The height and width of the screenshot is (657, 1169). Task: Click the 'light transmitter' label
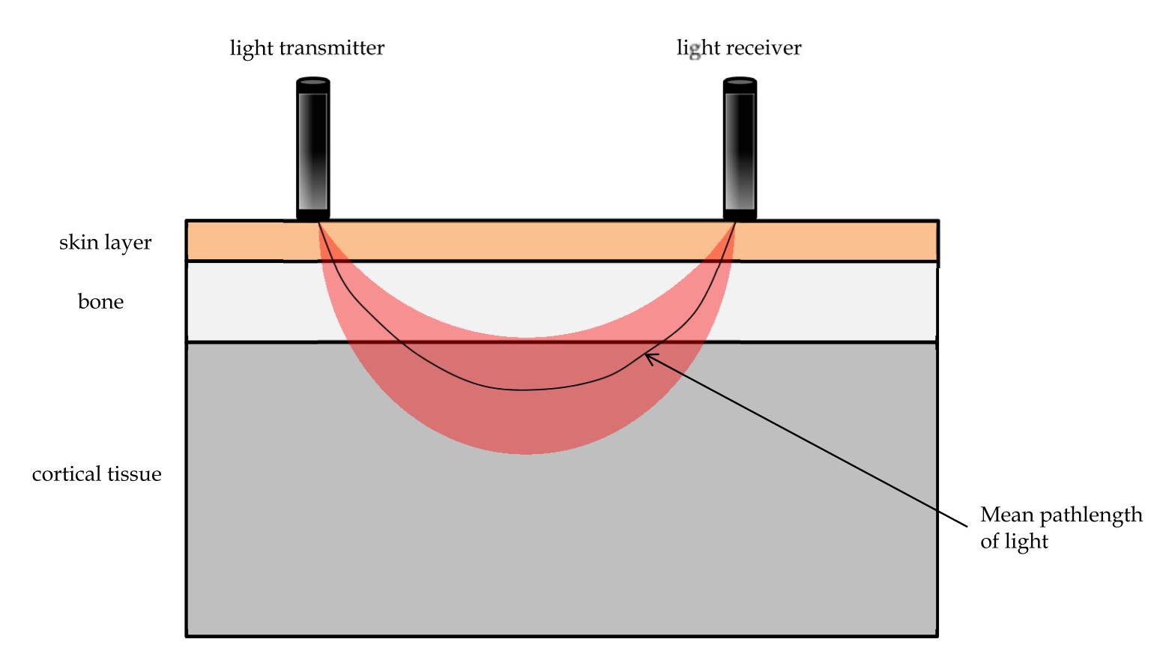tap(306, 48)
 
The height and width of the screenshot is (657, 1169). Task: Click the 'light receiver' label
tap(739, 48)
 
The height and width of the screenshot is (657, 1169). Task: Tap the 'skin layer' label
tap(105, 243)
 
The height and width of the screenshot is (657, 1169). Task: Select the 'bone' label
tap(100, 302)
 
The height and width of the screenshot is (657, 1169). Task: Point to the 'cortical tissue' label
tap(97, 474)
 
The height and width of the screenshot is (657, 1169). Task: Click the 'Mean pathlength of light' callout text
tap(1060, 527)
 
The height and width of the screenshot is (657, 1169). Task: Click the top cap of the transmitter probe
tap(313, 81)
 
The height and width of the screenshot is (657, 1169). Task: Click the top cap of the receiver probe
tap(740, 81)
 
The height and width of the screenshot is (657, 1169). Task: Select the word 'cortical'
tap(66, 474)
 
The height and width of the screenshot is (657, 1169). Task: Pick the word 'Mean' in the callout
tap(1006, 515)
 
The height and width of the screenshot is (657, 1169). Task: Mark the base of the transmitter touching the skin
tap(313, 216)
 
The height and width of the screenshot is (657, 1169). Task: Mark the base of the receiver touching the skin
tap(740, 216)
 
